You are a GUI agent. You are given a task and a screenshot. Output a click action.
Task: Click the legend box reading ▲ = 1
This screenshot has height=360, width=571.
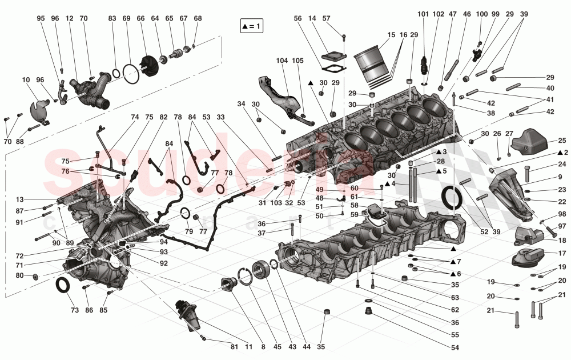point(251,26)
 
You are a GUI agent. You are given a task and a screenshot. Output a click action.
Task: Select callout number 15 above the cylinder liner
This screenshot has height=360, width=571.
point(391,35)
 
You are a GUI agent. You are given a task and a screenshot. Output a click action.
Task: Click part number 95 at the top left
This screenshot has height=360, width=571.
point(41,18)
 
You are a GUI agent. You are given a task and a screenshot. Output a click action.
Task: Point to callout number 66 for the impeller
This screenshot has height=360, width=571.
point(140,18)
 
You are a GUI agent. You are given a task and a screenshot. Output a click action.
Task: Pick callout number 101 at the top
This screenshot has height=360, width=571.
point(423,14)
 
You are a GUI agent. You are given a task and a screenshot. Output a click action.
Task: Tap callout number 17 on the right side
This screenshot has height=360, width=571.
point(562,253)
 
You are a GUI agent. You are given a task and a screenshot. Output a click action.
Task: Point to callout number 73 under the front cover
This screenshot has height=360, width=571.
point(75,311)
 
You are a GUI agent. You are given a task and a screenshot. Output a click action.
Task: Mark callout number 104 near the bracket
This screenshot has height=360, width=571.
point(283,61)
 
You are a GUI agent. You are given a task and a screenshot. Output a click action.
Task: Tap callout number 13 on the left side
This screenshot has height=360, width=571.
point(19,199)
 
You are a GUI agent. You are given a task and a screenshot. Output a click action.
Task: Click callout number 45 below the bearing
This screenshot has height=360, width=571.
point(277,346)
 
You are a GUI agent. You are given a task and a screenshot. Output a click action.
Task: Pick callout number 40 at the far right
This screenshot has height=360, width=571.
point(550,89)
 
